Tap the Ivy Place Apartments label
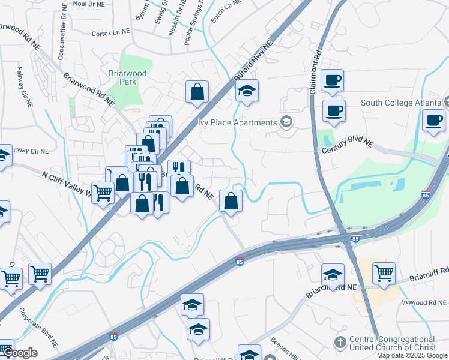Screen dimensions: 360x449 (x=238, y=122)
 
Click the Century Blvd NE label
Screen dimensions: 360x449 (x=348, y=145)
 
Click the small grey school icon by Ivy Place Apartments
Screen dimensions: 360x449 (x=286, y=122)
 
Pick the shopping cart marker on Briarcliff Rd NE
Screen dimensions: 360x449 (x=384, y=273)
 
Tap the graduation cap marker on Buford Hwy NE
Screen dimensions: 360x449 (x=246, y=92)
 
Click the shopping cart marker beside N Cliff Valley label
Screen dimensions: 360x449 (x=103, y=192)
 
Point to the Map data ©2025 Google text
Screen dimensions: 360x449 (x=412, y=355)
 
